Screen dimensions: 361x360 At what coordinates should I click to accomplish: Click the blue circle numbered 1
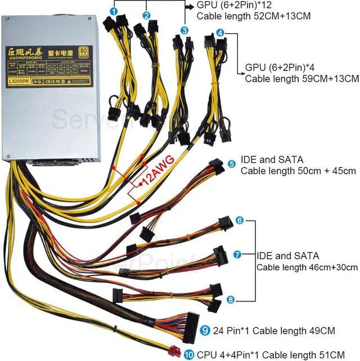tap(114, 11)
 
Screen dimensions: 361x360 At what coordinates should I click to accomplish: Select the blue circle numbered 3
tap(184, 30)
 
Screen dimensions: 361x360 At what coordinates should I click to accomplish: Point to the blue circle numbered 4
tap(220, 33)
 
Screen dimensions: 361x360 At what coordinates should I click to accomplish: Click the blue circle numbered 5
tap(232, 164)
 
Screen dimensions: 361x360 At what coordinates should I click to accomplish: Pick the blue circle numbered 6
tap(239, 221)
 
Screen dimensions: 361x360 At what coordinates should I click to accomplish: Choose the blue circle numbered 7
tap(238, 255)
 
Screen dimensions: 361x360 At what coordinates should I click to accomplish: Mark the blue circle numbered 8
tap(231, 300)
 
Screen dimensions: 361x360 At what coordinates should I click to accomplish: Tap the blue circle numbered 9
tap(205, 330)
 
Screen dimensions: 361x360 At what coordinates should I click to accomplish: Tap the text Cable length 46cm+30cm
tap(307, 267)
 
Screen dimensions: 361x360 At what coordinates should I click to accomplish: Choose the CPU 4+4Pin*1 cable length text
tap(275, 354)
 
